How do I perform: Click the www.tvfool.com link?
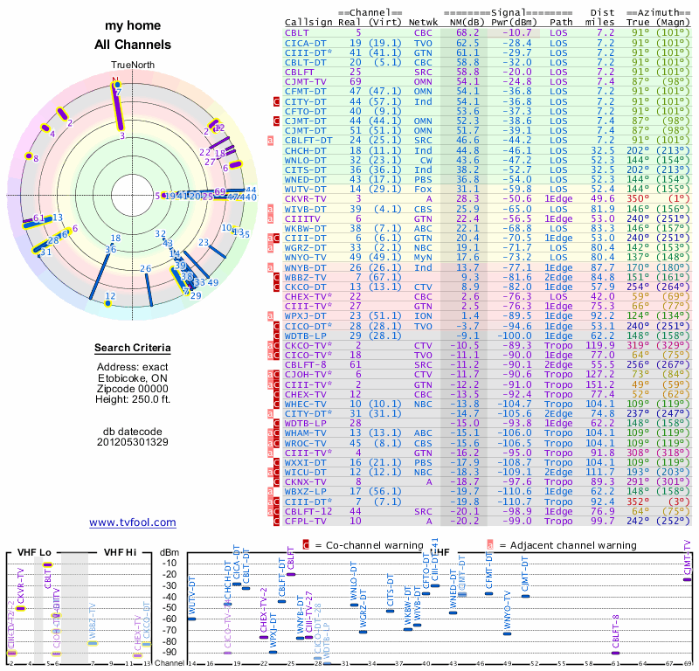[x=133, y=522]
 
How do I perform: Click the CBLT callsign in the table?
[x=296, y=31]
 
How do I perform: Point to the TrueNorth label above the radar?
[x=132, y=66]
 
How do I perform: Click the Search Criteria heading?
[x=133, y=349]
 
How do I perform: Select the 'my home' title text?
[x=133, y=26]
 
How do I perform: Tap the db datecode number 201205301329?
[x=133, y=441]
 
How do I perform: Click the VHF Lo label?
[x=33, y=551]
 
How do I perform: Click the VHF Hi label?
[x=121, y=551]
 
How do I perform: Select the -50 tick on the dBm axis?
[x=171, y=606]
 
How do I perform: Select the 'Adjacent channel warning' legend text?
[x=562, y=545]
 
